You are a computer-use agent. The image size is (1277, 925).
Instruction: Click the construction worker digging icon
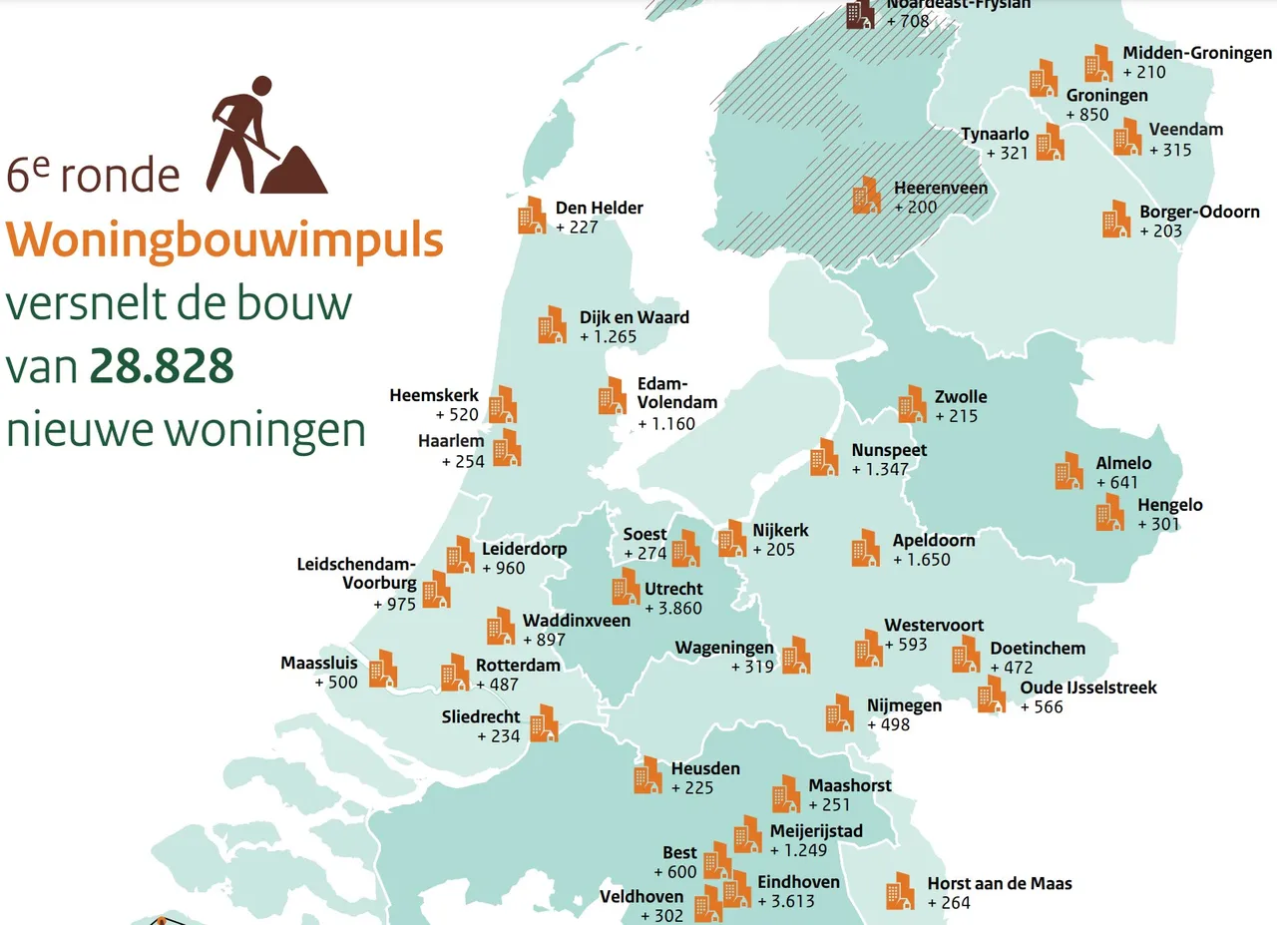[x=264, y=136]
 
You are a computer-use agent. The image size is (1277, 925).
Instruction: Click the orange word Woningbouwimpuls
[x=225, y=240]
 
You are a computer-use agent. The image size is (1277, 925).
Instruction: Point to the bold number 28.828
[x=162, y=367]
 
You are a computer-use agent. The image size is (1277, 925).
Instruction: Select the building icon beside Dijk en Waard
[x=552, y=324]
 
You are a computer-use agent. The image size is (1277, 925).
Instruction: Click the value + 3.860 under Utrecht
[x=673, y=608]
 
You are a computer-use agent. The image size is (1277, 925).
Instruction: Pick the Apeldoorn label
[x=934, y=540]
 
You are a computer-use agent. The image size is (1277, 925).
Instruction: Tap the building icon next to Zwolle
[x=912, y=404]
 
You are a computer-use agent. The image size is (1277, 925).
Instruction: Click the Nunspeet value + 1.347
[x=889, y=469]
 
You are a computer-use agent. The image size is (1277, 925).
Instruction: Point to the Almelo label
[x=1123, y=463]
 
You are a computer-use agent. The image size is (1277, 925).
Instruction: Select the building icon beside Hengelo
[x=1109, y=512]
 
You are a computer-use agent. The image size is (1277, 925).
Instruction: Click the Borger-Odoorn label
[x=1199, y=212]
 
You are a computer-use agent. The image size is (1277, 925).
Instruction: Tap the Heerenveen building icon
[x=866, y=196]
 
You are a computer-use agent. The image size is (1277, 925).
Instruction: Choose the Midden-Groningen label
[x=1197, y=53]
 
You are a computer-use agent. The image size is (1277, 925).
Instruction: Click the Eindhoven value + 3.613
[x=786, y=901]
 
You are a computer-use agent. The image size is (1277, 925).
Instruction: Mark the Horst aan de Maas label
[x=1000, y=883]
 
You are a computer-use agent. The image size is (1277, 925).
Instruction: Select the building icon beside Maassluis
[x=383, y=669]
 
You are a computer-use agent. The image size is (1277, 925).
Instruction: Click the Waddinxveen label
[x=577, y=621]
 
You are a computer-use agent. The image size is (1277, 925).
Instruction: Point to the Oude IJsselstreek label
[x=1088, y=688]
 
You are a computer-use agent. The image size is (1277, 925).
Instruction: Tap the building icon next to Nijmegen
[x=839, y=712]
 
